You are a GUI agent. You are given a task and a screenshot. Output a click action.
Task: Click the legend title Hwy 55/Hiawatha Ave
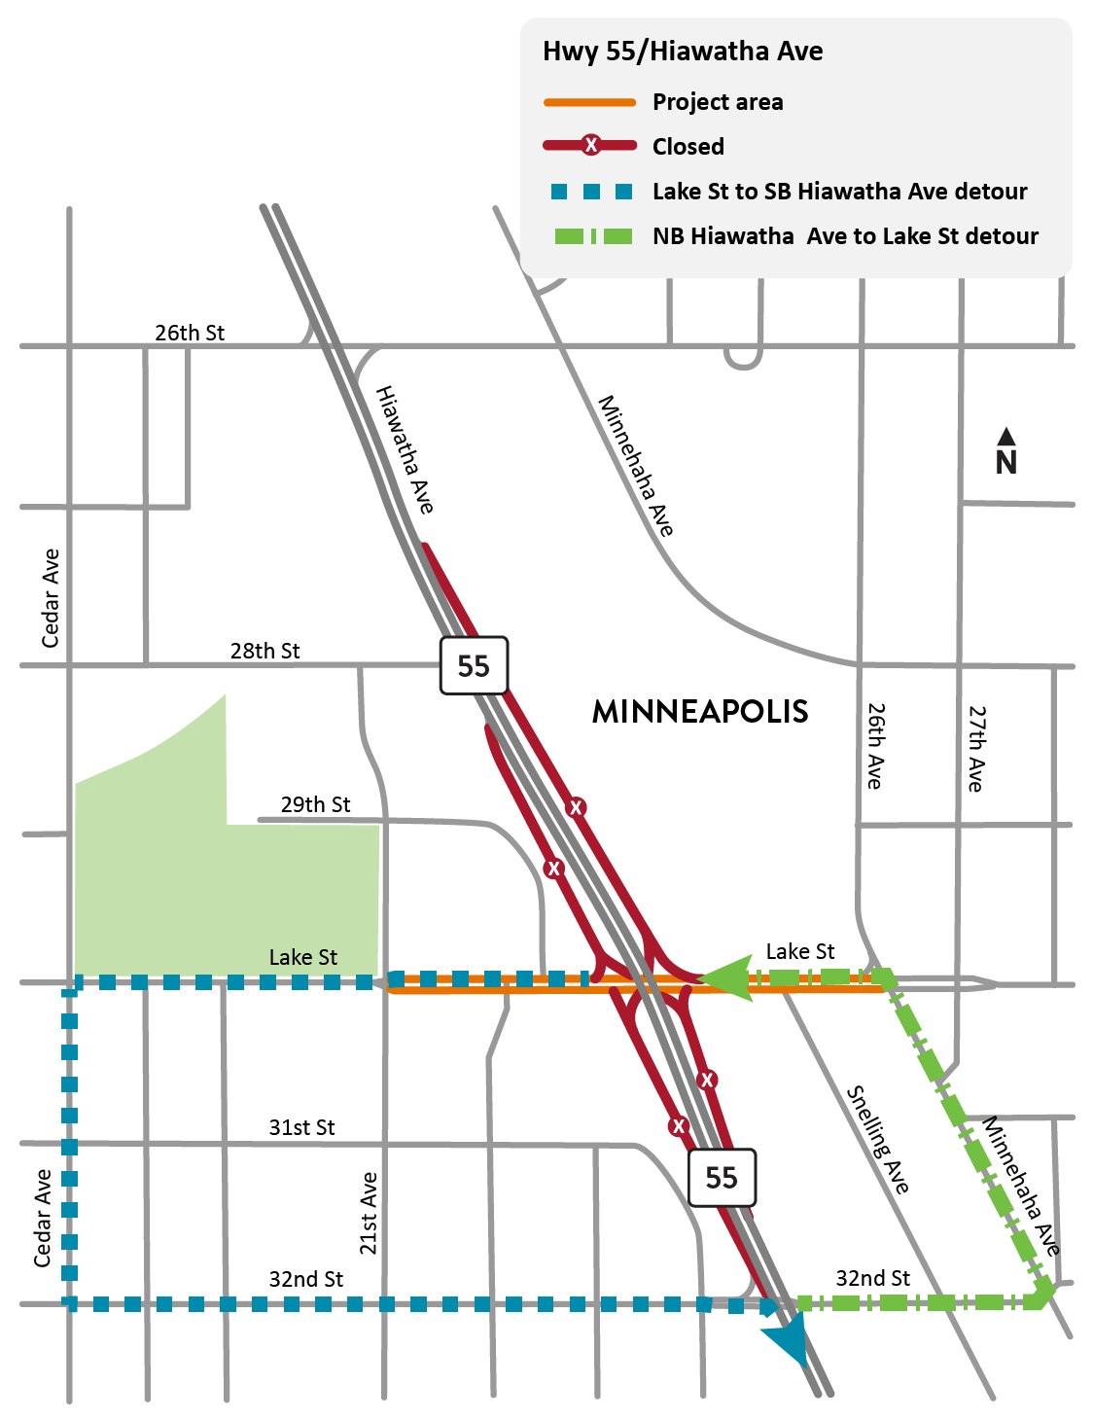click(683, 52)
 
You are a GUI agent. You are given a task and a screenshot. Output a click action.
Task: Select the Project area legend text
click(718, 102)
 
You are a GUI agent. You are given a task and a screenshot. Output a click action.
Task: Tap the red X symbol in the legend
click(590, 146)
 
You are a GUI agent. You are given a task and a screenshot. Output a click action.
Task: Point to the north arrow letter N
click(1006, 463)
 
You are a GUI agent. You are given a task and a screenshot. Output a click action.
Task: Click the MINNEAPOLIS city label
click(700, 712)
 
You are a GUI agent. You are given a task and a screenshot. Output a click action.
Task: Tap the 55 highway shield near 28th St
click(474, 666)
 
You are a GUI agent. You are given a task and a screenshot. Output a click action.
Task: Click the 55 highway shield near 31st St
click(722, 1178)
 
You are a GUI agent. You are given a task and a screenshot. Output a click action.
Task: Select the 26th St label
click(190, 333)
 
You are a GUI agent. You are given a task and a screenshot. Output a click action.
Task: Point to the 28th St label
click(264, 651)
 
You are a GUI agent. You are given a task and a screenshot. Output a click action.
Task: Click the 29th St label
click(315, 804)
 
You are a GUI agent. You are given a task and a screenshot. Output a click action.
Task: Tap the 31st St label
click(301, 1127)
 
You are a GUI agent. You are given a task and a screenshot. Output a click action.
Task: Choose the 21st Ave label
click(369, 1213)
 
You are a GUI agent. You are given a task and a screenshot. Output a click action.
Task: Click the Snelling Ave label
click(878, 1140)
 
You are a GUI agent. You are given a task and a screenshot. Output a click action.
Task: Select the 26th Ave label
click(875, 746)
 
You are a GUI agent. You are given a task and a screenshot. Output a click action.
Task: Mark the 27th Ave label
click(976, 748)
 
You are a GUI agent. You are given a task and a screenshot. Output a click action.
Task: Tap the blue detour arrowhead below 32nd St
click(790, 1341)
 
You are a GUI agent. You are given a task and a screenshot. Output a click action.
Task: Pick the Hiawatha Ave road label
click(405, 449)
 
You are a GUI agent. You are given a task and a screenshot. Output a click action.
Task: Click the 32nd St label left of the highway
click(305, 1279)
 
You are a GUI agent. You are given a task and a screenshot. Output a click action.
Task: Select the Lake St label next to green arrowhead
click(799, 951)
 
